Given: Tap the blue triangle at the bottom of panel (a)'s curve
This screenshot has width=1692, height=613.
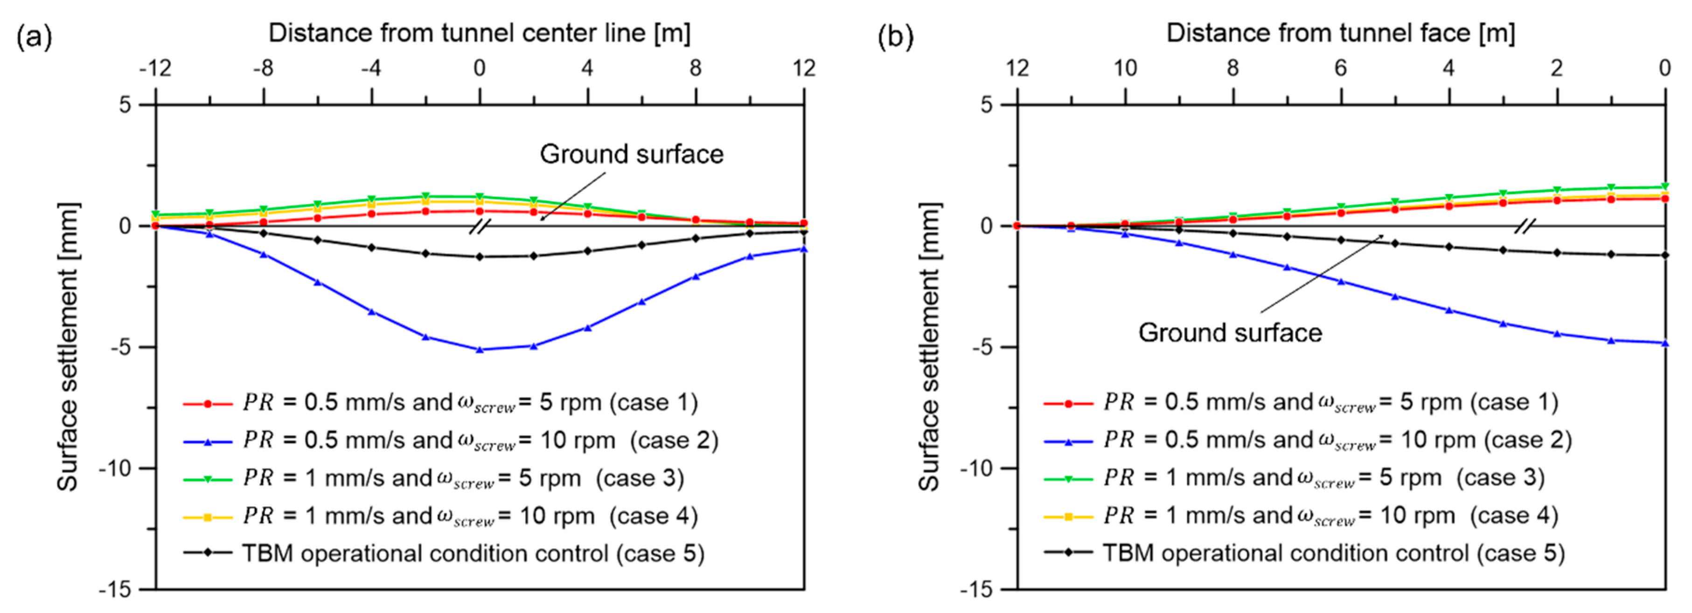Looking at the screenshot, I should tap(480, 349).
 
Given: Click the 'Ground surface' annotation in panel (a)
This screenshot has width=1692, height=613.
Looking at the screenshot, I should tap(631, 154).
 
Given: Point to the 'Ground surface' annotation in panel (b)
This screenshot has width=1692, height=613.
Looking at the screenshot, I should tap(1230, 333).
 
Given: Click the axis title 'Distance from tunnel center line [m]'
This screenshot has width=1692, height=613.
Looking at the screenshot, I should tap(480, 33).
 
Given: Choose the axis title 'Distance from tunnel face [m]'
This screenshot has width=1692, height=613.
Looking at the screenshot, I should tap(1341, 33).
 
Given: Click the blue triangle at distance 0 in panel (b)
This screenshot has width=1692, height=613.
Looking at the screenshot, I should tap(1664, 343).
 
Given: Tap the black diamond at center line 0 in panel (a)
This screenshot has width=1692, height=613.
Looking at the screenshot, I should tap(480, 257).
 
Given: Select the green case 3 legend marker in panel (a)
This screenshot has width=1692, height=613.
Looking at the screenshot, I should tap(208, 479).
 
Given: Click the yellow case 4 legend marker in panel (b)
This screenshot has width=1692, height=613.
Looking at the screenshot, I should tap(1068, 517).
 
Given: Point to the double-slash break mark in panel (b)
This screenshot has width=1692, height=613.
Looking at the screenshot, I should tap(1525, 227).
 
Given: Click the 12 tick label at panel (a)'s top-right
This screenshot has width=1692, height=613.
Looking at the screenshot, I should tap(804, 68).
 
